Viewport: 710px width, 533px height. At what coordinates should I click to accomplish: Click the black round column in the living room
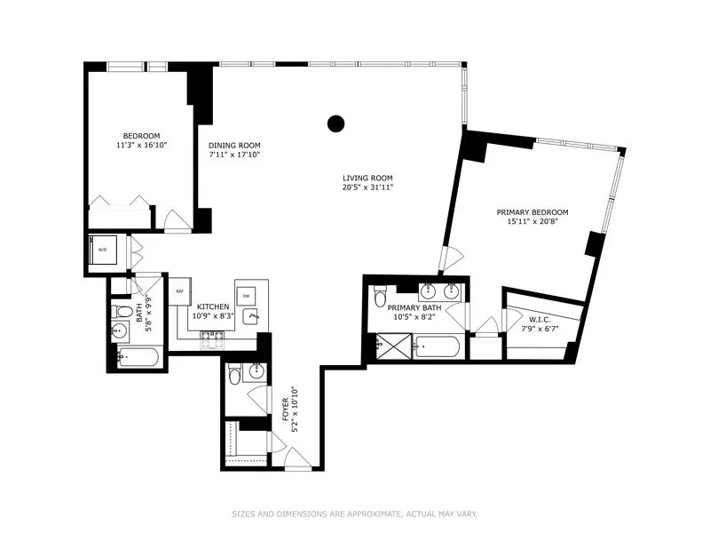[335, 123]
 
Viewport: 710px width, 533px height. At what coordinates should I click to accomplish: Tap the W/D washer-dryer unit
[102, 250]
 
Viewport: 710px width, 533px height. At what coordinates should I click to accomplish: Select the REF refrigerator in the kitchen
[178, 291]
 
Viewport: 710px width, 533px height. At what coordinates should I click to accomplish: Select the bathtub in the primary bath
[437, 346]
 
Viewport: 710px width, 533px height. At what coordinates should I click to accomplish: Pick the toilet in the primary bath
[381, 294]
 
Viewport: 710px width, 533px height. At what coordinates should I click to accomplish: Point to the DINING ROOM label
[234, 146]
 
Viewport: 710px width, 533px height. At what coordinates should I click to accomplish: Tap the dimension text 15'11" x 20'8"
[532, 223]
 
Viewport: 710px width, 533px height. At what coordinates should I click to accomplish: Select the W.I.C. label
[540, 320]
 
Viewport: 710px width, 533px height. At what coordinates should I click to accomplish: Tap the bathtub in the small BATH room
[138, 359]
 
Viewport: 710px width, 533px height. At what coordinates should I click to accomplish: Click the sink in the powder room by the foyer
[256, 371]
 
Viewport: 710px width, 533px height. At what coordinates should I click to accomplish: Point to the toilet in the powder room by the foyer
[234, 373]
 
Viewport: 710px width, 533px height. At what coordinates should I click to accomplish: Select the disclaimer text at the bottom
[354, 513]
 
